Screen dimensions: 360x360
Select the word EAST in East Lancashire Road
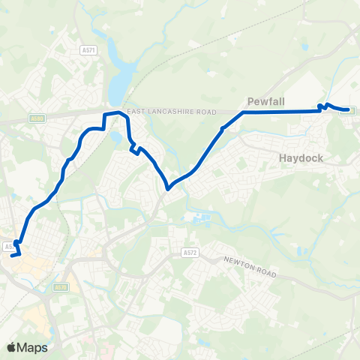135,111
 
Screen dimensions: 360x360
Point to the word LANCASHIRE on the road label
169,111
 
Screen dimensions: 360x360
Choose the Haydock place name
300,158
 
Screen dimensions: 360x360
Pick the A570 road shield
61,287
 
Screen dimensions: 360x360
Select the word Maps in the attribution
32,347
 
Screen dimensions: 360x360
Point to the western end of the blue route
12,256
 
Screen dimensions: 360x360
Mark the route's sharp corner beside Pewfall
243,112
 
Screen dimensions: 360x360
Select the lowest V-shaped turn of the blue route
168,188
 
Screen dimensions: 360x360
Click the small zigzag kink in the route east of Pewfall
322,106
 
